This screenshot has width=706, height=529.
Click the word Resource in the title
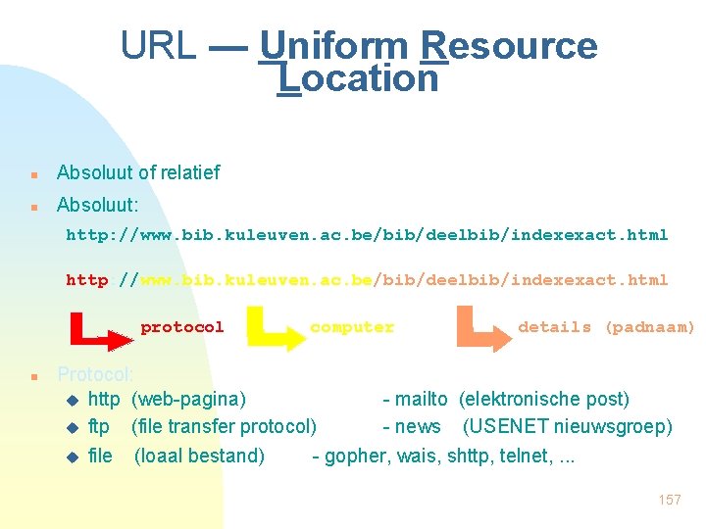click(x=508, y=46)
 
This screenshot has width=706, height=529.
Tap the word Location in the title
click(x=358, y=79)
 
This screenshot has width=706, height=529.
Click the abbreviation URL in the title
click(x=158, y=46)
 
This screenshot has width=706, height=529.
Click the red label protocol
click(x=182, y=327)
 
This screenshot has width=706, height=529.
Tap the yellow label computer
click(x=351, y=327)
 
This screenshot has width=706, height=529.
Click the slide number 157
click(x=670, y=500)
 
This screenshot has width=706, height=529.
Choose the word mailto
click(x=421, y=400)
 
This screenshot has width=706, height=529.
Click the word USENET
click(x=508, y=427)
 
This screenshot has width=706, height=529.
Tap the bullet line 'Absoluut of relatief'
click(x=138, y=173)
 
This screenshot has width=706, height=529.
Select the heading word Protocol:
click(x=95, y=374)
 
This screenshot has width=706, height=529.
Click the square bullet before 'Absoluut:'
click(x=34, y=208)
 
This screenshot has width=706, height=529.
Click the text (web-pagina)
click(x=188, y=400)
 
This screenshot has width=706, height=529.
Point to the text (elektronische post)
click(x=544, y=400)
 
